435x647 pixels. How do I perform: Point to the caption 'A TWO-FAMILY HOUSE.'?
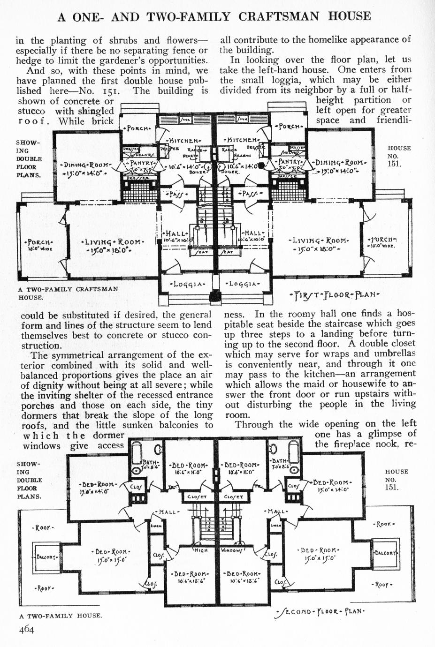pos(61,616)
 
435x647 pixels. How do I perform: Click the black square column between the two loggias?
pos(215,296)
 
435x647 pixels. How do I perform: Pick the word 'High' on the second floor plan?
pos(201,550)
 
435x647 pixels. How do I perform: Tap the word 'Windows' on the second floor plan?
pos(232,550)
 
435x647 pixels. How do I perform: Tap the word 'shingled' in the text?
pos(94,111)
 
